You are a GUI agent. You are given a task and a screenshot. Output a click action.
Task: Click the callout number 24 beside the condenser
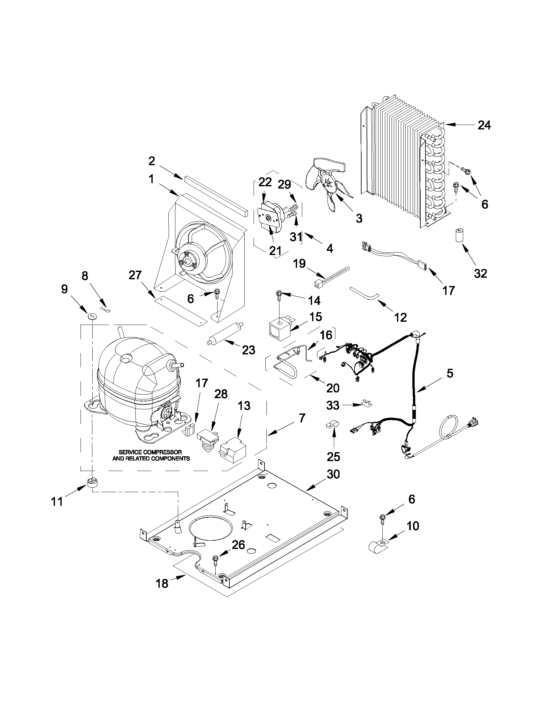coord(484,125)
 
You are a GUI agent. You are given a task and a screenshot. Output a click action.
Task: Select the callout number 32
coord(480,273)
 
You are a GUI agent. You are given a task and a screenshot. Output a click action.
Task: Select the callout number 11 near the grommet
coord(57,501)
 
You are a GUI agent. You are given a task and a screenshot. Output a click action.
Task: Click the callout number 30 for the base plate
coord(333,474)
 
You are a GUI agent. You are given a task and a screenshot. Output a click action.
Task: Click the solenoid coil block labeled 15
coord(279,328)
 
